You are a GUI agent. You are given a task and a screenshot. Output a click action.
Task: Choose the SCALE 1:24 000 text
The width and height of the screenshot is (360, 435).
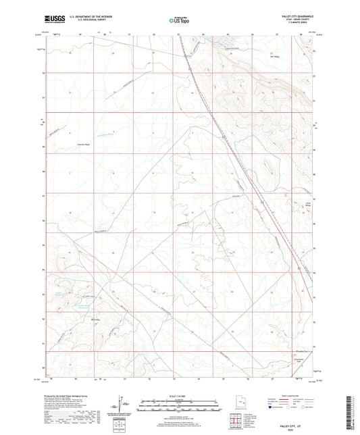180,396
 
